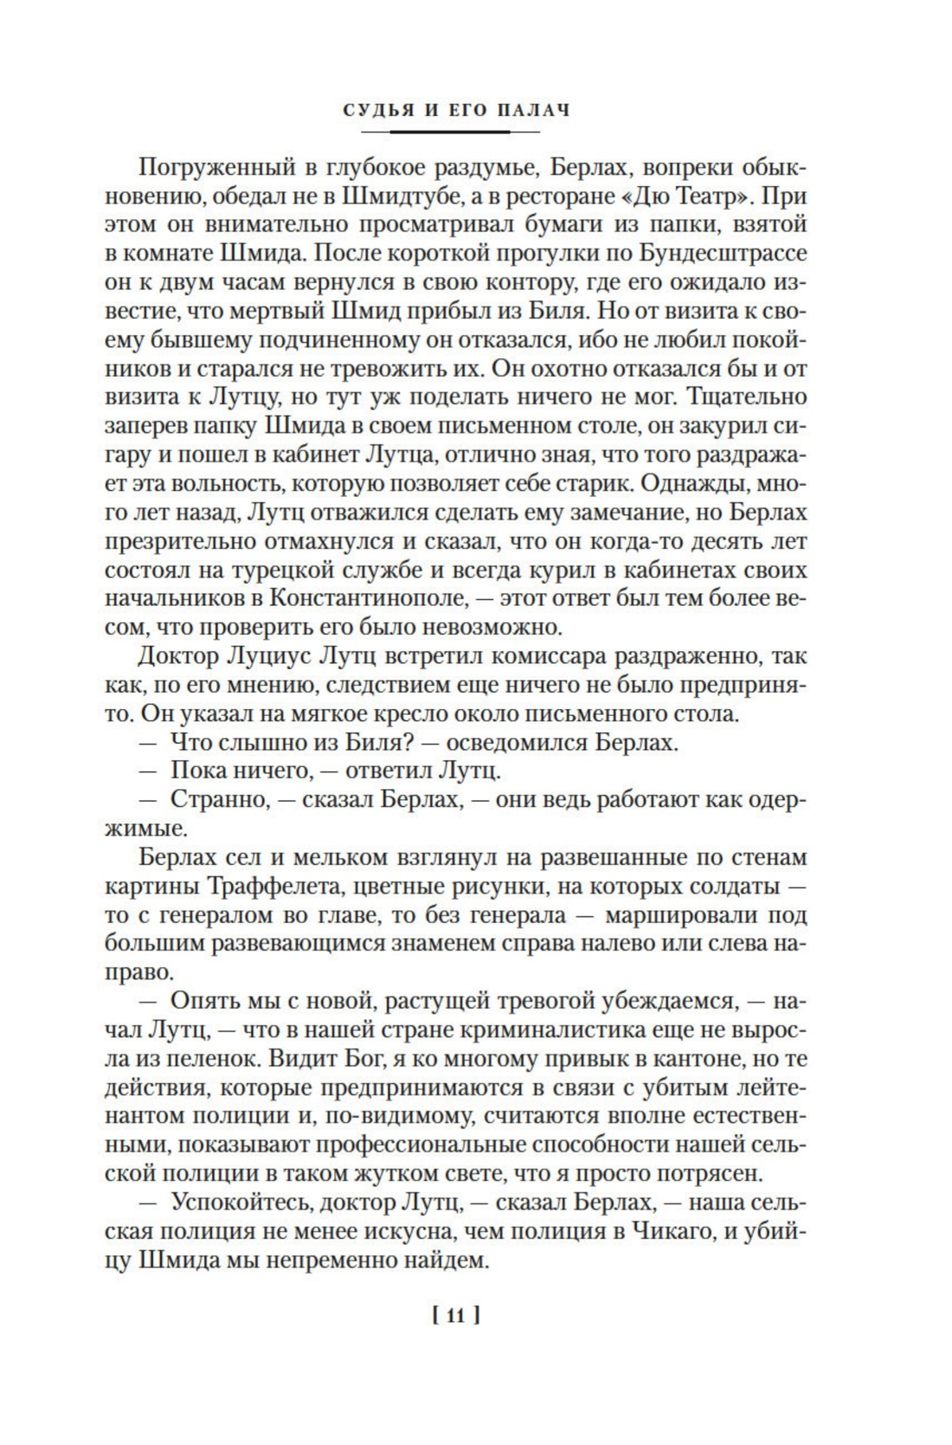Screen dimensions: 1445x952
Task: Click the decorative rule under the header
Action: pyautogui.click(x=450, y=132)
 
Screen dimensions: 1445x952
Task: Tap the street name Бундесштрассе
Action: pyautogui.click(x=724, y=253)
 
